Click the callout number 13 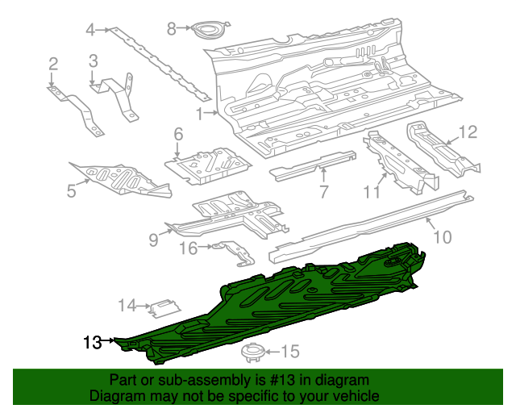tap(92, 342)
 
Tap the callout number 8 tap(171, 29)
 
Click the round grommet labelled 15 tap(255, 352)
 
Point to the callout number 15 tap(289, 352)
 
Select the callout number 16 tap(187, 248)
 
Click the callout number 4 tap(91, 31)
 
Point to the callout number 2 tap(53, 65)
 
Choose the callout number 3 tap(94, 60)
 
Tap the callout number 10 tap(443, 236)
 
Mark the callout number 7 tap(323, 191)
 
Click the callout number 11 tap(371, 191)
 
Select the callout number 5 tap(72, 191)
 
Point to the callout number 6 tap(178, 134)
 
